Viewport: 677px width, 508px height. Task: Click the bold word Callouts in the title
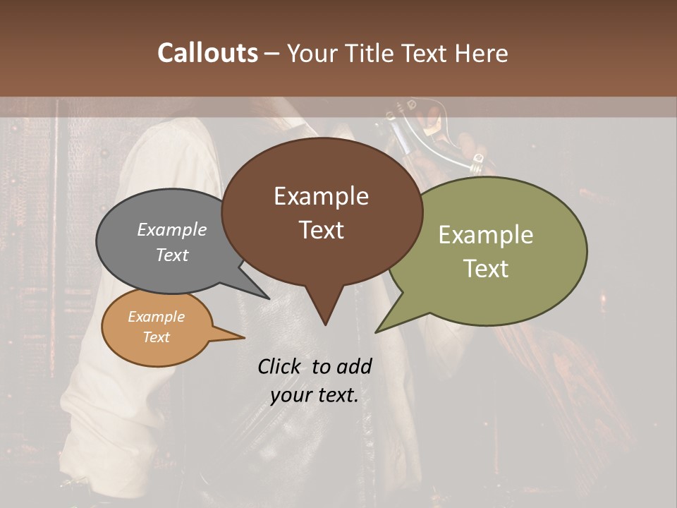[207, 53]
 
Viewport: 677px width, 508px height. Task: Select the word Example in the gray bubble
[172, 229]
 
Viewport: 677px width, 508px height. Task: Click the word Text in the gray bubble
[172, 255]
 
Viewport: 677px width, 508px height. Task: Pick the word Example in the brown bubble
[321, 196]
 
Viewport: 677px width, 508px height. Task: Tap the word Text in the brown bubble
[321, 230]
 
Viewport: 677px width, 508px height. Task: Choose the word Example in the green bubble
[486, 235]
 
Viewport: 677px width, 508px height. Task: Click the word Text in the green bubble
[486, 269]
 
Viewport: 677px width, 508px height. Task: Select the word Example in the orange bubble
[157, 317]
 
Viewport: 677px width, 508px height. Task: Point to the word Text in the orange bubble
[157, 337]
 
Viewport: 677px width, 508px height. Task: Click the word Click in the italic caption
[280, 366]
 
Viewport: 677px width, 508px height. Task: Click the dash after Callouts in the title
[272, 53]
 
